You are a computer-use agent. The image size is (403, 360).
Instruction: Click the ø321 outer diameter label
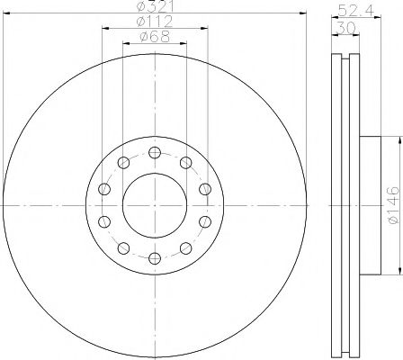click(x=155, y=7)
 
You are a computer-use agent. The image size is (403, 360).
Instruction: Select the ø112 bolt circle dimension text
click(x=155, y=22)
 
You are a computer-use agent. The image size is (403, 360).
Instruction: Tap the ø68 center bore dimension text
click(x=155, y=37)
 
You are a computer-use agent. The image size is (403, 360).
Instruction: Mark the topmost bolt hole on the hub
click(x=155, y=151)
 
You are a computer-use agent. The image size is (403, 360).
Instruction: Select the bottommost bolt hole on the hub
click(x=155, y=259)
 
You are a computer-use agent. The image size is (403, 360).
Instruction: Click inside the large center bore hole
click(x=155, y=205)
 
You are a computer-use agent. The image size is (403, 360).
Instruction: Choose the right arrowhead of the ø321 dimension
click(x=303, y=14)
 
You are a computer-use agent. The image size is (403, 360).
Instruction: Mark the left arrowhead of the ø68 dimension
click(x=126, y=44)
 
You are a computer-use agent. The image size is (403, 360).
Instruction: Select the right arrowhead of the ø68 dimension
click(x=184, y=44)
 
